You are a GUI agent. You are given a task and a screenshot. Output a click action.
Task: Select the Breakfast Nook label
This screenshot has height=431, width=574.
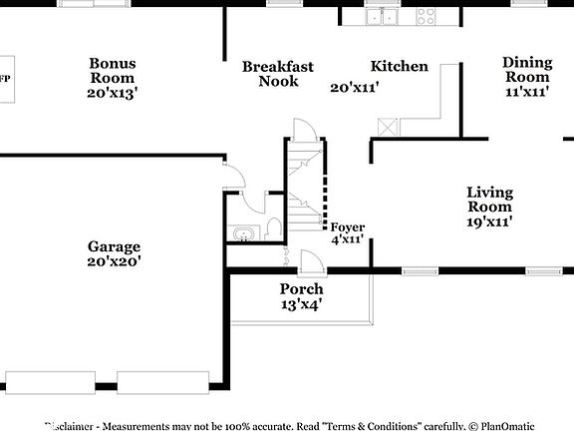click(278, 74)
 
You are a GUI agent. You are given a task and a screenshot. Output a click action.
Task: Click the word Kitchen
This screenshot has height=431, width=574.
click(400, 67)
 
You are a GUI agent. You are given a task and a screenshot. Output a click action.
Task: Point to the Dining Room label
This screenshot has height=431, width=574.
click(526, 69)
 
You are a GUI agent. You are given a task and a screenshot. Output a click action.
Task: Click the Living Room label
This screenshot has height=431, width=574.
click(489, 199)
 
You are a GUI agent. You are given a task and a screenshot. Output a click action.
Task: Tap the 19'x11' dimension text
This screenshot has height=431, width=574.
click(489, 222)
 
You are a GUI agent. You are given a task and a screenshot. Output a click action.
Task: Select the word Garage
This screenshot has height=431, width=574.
click(114, 246)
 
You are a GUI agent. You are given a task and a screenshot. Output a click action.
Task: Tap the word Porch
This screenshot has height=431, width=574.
click(300, 289)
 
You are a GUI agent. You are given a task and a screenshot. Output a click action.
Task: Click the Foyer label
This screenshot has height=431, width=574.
click(348, 227)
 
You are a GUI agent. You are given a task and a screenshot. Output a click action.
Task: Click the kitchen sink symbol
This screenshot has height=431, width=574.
click(382, 15)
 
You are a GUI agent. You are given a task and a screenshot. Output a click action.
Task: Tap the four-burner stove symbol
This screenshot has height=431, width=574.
click(426, 15)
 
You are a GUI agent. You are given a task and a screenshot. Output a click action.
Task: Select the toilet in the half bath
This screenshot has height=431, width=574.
click(274, 229)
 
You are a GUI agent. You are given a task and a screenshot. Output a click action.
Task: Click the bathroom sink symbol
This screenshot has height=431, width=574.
click(240, 235)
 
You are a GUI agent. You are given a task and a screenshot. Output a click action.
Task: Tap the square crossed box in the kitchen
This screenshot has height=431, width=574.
click(387, 126)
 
